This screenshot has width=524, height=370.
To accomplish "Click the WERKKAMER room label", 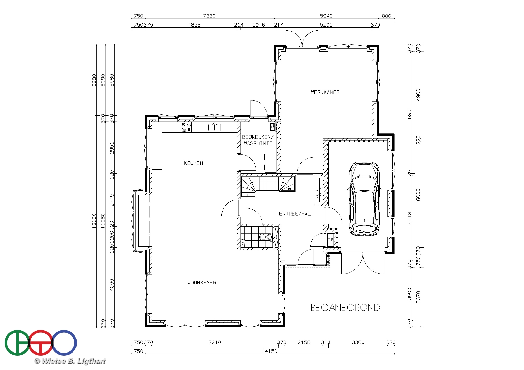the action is pos(325,92).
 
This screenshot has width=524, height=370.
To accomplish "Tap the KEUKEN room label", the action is pos(194,163).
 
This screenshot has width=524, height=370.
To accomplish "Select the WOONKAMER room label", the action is pos(202,283).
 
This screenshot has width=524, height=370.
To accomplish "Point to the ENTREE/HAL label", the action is pos(295,214).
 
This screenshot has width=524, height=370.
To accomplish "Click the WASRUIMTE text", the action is pos(258,143).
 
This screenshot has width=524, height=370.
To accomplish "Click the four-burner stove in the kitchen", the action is pos(186,127).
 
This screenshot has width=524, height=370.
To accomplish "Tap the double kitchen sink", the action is pos(214,127).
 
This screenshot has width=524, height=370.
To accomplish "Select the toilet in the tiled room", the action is pos(265,237).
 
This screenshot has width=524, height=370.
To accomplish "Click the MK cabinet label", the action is pos(330,239).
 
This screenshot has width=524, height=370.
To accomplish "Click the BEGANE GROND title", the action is pos(345,308).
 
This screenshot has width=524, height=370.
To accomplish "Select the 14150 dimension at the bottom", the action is pos(269,351).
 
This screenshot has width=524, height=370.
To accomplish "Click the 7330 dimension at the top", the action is pos(209,16).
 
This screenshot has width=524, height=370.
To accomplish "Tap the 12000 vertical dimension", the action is pos(94,221).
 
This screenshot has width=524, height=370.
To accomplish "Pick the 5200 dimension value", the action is pos(326,25).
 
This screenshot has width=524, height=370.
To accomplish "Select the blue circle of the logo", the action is pos(64,343).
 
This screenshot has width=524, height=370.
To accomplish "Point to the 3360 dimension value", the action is pos(358,342).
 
